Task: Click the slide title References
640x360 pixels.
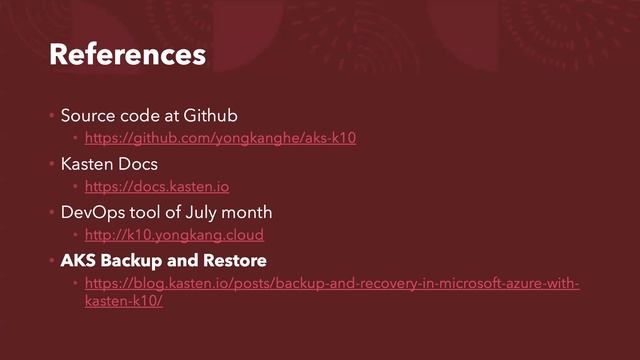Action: coord(127,54)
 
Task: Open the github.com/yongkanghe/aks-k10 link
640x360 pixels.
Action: coord(220,138)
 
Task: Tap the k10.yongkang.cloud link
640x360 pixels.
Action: coord(174,236)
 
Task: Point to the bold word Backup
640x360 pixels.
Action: coord(136,261)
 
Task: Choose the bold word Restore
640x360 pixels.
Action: coord(237,261)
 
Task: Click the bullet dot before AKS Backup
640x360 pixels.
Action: coord(52,261)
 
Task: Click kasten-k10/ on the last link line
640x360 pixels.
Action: coord(124,301)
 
